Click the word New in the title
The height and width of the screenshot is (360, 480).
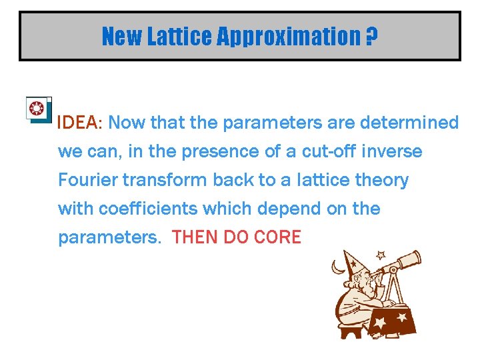[122, 37]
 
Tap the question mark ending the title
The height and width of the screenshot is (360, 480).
[371, 37]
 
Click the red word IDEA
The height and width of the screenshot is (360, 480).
[77, 123]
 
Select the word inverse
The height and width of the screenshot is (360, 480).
[393, 151]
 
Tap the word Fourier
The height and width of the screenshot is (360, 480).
[85, 180]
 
